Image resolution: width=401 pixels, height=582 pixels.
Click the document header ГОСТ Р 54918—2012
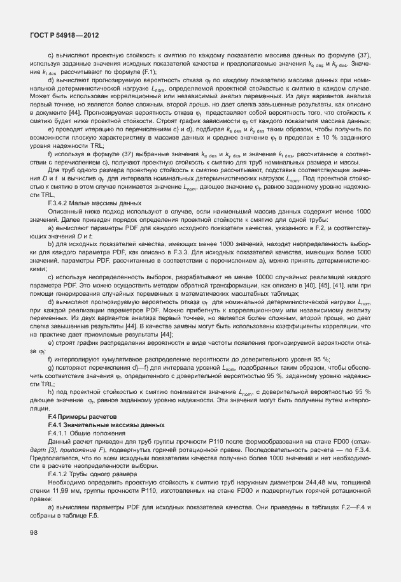(62, 36)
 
